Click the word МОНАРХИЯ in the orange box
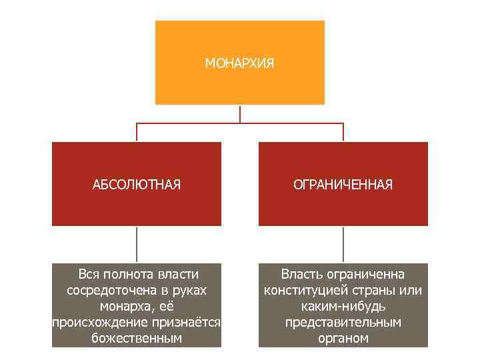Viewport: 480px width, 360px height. coord(239,64)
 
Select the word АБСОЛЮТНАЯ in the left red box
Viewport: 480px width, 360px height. coord(137,185)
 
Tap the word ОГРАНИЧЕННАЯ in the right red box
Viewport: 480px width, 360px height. coord(343,185)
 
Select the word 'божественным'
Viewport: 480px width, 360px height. coord(137,339)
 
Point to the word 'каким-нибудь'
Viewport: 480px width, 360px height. coord(343,306)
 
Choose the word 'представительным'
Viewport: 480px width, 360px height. coord(343,323)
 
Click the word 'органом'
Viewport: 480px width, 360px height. coord(343,339)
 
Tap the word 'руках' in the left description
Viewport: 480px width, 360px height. coord(189,290)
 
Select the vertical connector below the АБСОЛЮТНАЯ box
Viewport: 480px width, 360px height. coord(137,244)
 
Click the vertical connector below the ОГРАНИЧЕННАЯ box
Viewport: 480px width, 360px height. coord(343,244)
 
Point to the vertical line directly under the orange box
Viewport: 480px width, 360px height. coord(240,113)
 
